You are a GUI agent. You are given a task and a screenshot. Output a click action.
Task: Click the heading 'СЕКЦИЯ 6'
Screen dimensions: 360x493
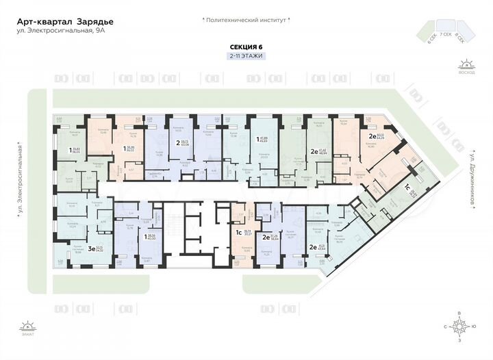point(246,47)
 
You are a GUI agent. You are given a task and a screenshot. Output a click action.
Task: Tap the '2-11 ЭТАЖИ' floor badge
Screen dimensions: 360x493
point(246,55)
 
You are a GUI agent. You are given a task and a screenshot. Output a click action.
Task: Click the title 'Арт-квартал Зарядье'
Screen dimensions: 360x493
point(66,21)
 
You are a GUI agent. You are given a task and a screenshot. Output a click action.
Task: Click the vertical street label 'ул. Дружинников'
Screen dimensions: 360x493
point(472,175)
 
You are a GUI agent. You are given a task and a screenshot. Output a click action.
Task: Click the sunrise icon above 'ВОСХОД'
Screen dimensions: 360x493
point(467,64)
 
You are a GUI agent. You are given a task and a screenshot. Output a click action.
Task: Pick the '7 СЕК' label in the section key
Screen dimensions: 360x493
point(446,34)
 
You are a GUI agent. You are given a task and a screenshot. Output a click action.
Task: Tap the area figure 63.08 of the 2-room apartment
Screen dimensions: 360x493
point(185,145)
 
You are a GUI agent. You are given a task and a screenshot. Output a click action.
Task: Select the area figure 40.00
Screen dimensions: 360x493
point(152,239)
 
